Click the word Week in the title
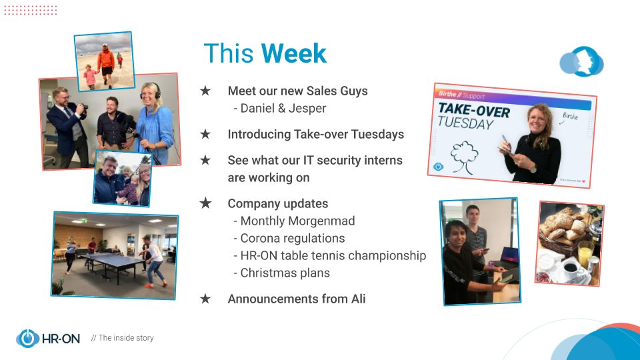[x=294, y=53]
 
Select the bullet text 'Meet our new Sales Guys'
[x=297, y=91]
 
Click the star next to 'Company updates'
[x=205, y=203]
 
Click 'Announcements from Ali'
[x=296, y=299]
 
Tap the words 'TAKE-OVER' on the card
[x=474, y=109]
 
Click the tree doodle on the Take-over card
[x=464, y=157]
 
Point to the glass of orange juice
[x=585, y=254]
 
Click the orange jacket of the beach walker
[x=106, y=59]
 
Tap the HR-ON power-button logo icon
[x=27, y=339]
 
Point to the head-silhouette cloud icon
[x=581, y=61]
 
